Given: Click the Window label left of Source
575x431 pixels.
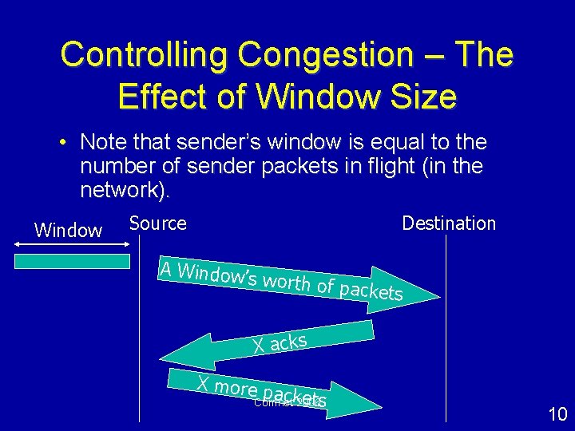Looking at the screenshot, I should pyautogui.click(x=69, y=231).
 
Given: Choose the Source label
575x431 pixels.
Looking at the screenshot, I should pyautogui.click(x=157, y=223).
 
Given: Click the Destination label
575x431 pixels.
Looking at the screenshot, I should pyautogui.click(x=449, y=223).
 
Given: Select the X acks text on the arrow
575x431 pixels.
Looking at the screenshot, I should pyautogui.click(x=280, y=342).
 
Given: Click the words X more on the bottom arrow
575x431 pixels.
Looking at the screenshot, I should pyautogui.click(x=227, y=387).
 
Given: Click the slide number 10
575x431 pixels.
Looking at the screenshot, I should pyautogui.click(x=557, y=413).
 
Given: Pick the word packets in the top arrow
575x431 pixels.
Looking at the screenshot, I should pyautogui.click(x=371, y=291).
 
